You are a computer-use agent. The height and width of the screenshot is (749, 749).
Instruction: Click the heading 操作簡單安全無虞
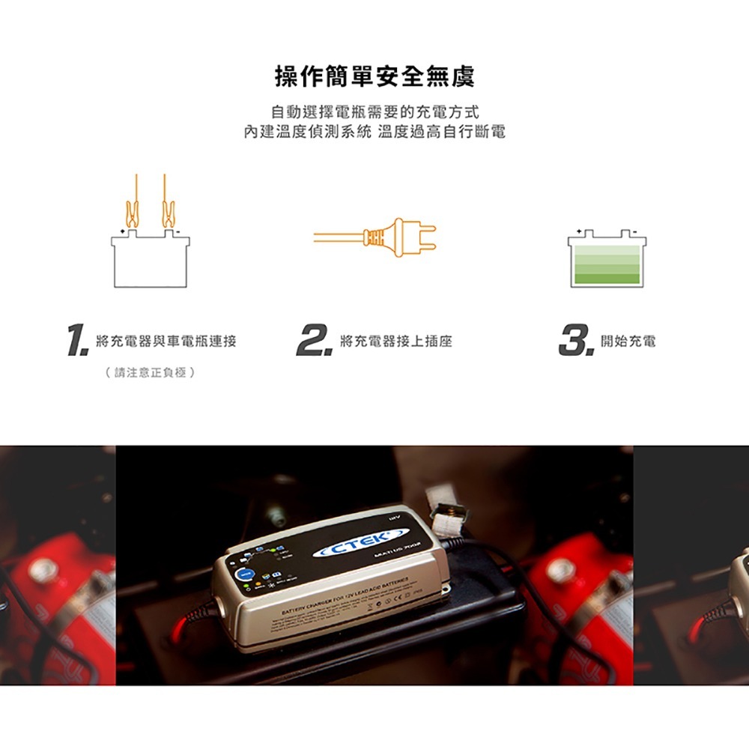tap(374, 76)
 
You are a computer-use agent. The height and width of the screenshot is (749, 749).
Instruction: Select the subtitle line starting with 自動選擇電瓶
tap(374, 112)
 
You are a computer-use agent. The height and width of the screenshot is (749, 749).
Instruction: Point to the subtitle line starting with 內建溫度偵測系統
tap(374, 133)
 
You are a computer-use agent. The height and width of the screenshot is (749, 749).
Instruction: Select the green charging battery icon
tap(607, 259)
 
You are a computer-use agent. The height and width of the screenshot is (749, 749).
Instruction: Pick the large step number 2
tap(312, 342)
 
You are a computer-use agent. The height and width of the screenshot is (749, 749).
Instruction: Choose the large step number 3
tap(574, 342)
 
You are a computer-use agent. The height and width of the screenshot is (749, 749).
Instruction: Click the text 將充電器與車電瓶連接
tap(166, 342)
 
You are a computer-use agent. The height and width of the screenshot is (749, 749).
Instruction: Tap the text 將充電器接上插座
tap(395, 342)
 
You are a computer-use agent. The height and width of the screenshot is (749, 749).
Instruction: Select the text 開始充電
tap(628, 342)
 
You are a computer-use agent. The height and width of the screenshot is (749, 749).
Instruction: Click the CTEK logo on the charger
tap(361, 545)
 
